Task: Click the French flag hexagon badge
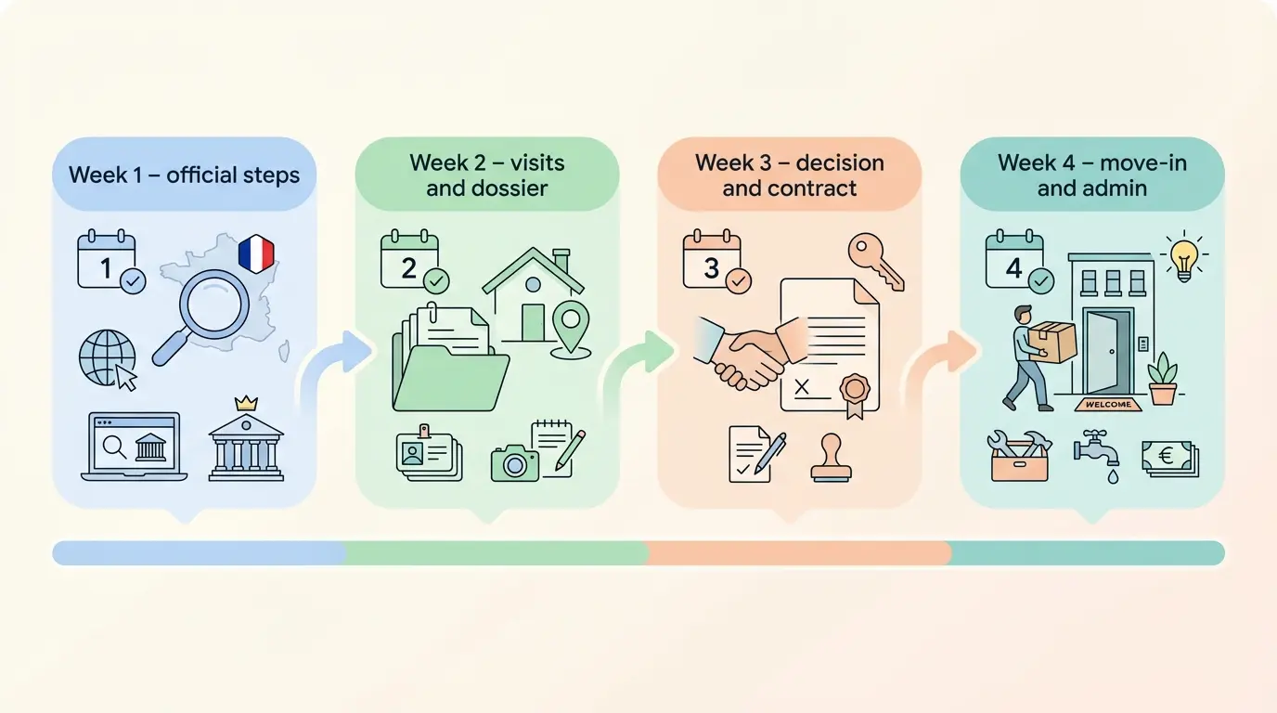[x=256, y=253]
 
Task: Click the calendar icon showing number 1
[x=107, y=261]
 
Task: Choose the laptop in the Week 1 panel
[x=134, y=447]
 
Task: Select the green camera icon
[x=515, y=461]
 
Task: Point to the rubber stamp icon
[x=831, y=458]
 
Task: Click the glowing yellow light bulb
[x=1184, y=258]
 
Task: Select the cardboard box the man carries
[x=1052, y=341]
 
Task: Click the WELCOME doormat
[x=1107, y=405]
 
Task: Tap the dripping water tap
[x=1097, y=452]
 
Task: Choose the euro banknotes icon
[x=1170, y=458]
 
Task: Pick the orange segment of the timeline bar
[x=797, y=553]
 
